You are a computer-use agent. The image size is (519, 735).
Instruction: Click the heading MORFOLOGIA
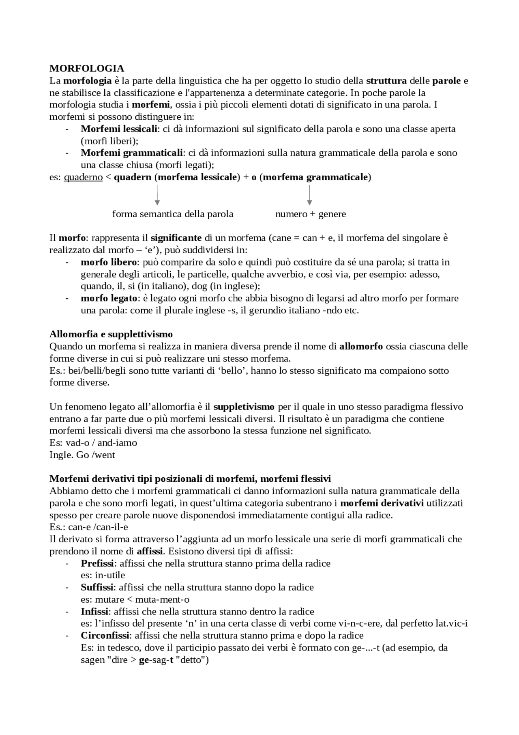point(87,68)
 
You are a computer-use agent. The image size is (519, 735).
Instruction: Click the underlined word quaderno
point(83,177)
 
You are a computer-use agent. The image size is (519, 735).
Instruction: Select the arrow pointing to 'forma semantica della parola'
point(157,195)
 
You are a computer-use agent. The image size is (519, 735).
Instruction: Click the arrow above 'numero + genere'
point(310,195)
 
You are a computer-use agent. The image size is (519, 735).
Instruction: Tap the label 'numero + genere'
point(311,214)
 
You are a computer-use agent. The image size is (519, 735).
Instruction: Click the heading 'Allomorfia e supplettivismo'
point(111,334)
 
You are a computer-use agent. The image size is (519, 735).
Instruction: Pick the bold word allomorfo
point(361,346)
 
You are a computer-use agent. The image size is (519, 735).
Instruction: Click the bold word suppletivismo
point(244,407)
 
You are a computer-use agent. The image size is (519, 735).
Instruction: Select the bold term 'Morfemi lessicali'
point(119,129)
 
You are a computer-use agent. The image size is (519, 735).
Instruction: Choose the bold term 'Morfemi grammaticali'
point(132,153)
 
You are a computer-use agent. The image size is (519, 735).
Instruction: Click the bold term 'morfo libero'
point(109,262)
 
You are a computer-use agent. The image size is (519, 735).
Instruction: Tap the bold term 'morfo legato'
point(109,298)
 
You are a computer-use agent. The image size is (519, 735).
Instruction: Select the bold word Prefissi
point(98,563)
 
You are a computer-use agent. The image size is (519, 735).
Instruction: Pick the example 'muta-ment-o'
point(162,599)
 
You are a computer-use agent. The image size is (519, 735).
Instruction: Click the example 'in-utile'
point(110,575)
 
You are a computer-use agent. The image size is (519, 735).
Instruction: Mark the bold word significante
point(176,237)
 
